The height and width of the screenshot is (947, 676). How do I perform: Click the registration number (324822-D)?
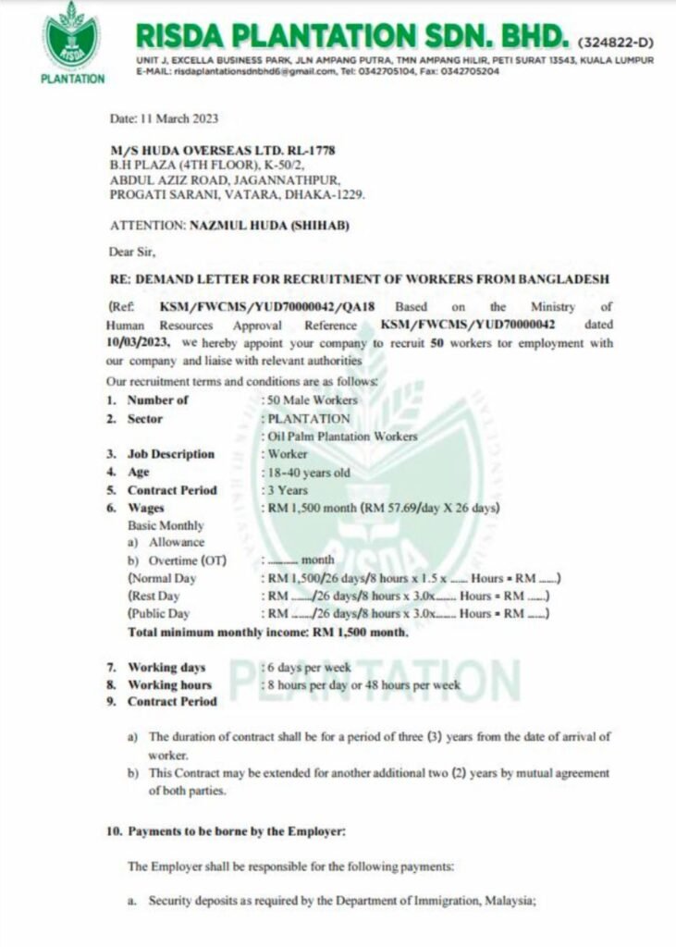pyautogui.click(x=615, y=43)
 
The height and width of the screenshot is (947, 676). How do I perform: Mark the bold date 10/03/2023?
pyautogui.click(x=136, y=343)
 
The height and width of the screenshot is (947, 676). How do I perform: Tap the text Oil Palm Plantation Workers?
pyautogui.click(x=343, y=437)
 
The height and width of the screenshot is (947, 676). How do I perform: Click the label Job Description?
pyautogui.click(x=171, y=454)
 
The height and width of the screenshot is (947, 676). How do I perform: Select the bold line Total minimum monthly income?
pyautogui.click(x=267, y=633)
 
